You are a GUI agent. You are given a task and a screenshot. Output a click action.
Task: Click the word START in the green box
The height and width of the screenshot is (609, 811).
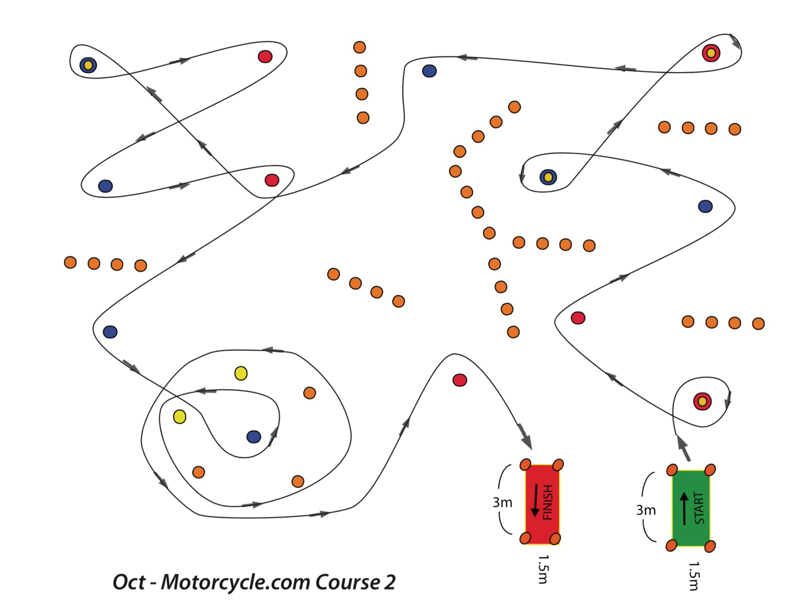pyautogui.click(x=699, y=508)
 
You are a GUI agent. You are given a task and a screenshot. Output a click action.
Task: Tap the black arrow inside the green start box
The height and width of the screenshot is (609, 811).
pyautogui.click(x=684, y=508)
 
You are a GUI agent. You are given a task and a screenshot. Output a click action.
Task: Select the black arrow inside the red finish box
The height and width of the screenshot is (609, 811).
pyautogui.click(x=535, y=500)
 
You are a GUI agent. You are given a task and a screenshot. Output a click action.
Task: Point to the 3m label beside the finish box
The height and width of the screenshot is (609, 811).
pyautogui.click(x=502, y=503)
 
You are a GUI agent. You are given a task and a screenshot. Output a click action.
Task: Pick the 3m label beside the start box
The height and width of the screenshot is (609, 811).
pyautogui.click(x=645, y=510)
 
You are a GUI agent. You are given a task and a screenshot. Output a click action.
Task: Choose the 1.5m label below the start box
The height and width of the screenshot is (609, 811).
pyautogui.click(x=694, y=576)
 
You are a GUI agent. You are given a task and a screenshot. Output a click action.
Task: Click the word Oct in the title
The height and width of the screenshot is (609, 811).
pyautogui.click(x=129, y=582)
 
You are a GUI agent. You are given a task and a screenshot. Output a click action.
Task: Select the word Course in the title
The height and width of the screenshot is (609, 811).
pyautogui.click(x=347, y=582)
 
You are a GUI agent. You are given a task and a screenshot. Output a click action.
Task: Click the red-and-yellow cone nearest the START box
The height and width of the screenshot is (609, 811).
pyautogui.click(x=702, y=402)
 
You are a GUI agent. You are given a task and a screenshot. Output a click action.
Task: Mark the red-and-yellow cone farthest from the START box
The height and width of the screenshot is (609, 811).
pyautogui.click(x=711, y=53)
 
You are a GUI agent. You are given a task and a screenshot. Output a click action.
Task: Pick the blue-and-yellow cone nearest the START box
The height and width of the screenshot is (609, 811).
pyautogui.click(x=548, y=177)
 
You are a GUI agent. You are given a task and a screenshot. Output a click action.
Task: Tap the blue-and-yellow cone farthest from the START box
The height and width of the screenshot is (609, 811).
pyautogui.click(x=88, y=65)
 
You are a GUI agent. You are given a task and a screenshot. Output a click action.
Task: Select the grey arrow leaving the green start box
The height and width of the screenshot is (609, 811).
pyautogui.click(x=683, y=448)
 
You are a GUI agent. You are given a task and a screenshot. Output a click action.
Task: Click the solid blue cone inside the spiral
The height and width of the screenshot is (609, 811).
pyautogui.click(x=253, y=437)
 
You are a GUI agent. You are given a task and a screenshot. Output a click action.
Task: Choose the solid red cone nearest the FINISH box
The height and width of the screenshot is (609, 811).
pyautogui.click(x=459, y=380)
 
